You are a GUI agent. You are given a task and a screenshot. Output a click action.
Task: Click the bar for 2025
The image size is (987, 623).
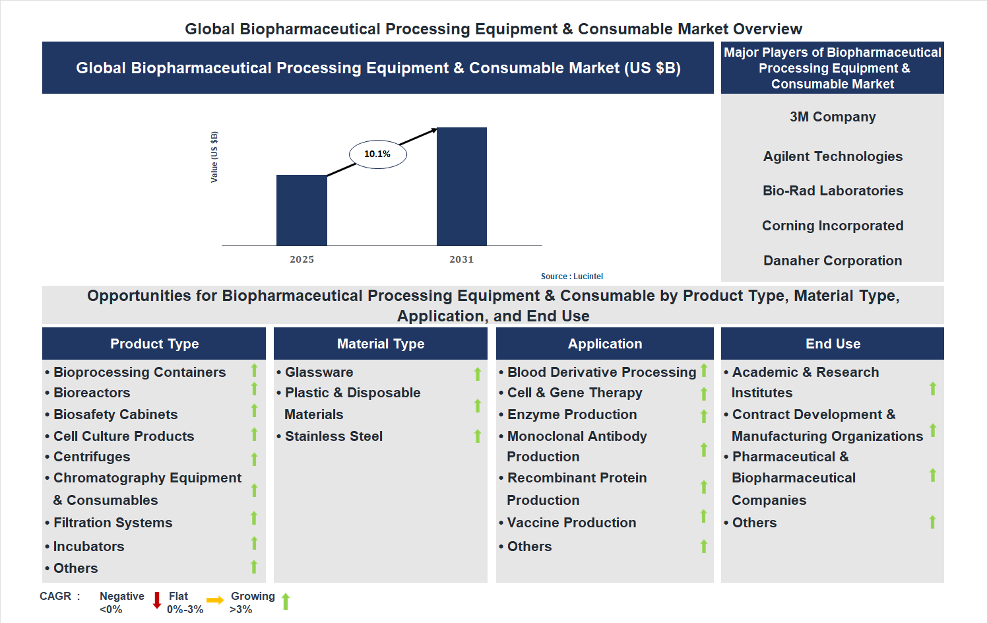302,210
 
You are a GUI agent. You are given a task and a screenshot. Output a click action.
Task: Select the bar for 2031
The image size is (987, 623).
462,186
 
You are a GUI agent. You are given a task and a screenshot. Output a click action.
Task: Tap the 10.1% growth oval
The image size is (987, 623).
377,154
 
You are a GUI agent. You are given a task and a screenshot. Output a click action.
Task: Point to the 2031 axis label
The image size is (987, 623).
462,259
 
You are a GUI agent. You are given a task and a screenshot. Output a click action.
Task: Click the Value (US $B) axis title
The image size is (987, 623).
214,157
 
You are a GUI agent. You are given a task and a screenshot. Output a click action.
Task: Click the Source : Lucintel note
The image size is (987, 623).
572,277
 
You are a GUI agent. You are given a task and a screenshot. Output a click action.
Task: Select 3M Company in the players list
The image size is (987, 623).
833,117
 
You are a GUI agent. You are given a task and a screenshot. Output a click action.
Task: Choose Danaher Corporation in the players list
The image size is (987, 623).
833,261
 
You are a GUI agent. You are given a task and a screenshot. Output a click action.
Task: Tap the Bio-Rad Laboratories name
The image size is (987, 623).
833,191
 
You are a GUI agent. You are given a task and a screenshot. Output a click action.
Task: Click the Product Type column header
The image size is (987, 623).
154,344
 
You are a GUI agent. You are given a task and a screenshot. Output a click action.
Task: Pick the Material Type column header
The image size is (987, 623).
381,344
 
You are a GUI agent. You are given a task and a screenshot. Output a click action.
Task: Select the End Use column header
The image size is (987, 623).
833,344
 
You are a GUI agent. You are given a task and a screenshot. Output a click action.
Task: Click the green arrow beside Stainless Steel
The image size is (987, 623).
478,436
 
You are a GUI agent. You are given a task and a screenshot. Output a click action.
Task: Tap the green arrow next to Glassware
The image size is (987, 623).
478,374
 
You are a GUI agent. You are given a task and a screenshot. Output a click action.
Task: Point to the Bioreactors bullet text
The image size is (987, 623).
92,393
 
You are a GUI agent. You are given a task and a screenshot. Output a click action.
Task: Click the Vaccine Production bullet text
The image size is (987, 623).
571,523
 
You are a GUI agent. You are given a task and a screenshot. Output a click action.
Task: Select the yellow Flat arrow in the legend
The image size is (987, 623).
215,600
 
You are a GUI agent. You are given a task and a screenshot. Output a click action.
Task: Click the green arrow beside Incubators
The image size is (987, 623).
254,543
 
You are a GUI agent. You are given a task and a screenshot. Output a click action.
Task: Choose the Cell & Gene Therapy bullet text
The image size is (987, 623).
575,393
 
